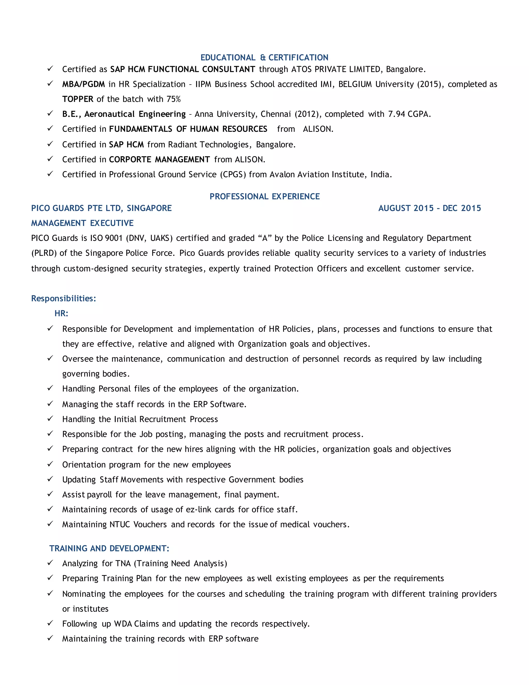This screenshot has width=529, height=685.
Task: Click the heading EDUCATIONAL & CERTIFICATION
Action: click(x=264, y=57)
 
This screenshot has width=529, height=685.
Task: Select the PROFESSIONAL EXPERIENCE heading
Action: click(x=264, y=196)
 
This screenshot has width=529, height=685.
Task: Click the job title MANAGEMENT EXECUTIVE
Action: click(x=82, y=223)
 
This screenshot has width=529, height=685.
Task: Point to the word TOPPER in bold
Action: click(x=78, y=99)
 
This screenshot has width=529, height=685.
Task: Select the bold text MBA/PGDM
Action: click(x=83, y=84)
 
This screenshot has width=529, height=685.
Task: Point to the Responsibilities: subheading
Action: click(x=64, y=298)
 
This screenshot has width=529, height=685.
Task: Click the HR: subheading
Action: click(x=61, y=313)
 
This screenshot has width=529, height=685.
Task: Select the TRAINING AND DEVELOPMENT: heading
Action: click(x=109, y=548)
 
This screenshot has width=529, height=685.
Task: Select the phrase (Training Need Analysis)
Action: click(x=180, y=563)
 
